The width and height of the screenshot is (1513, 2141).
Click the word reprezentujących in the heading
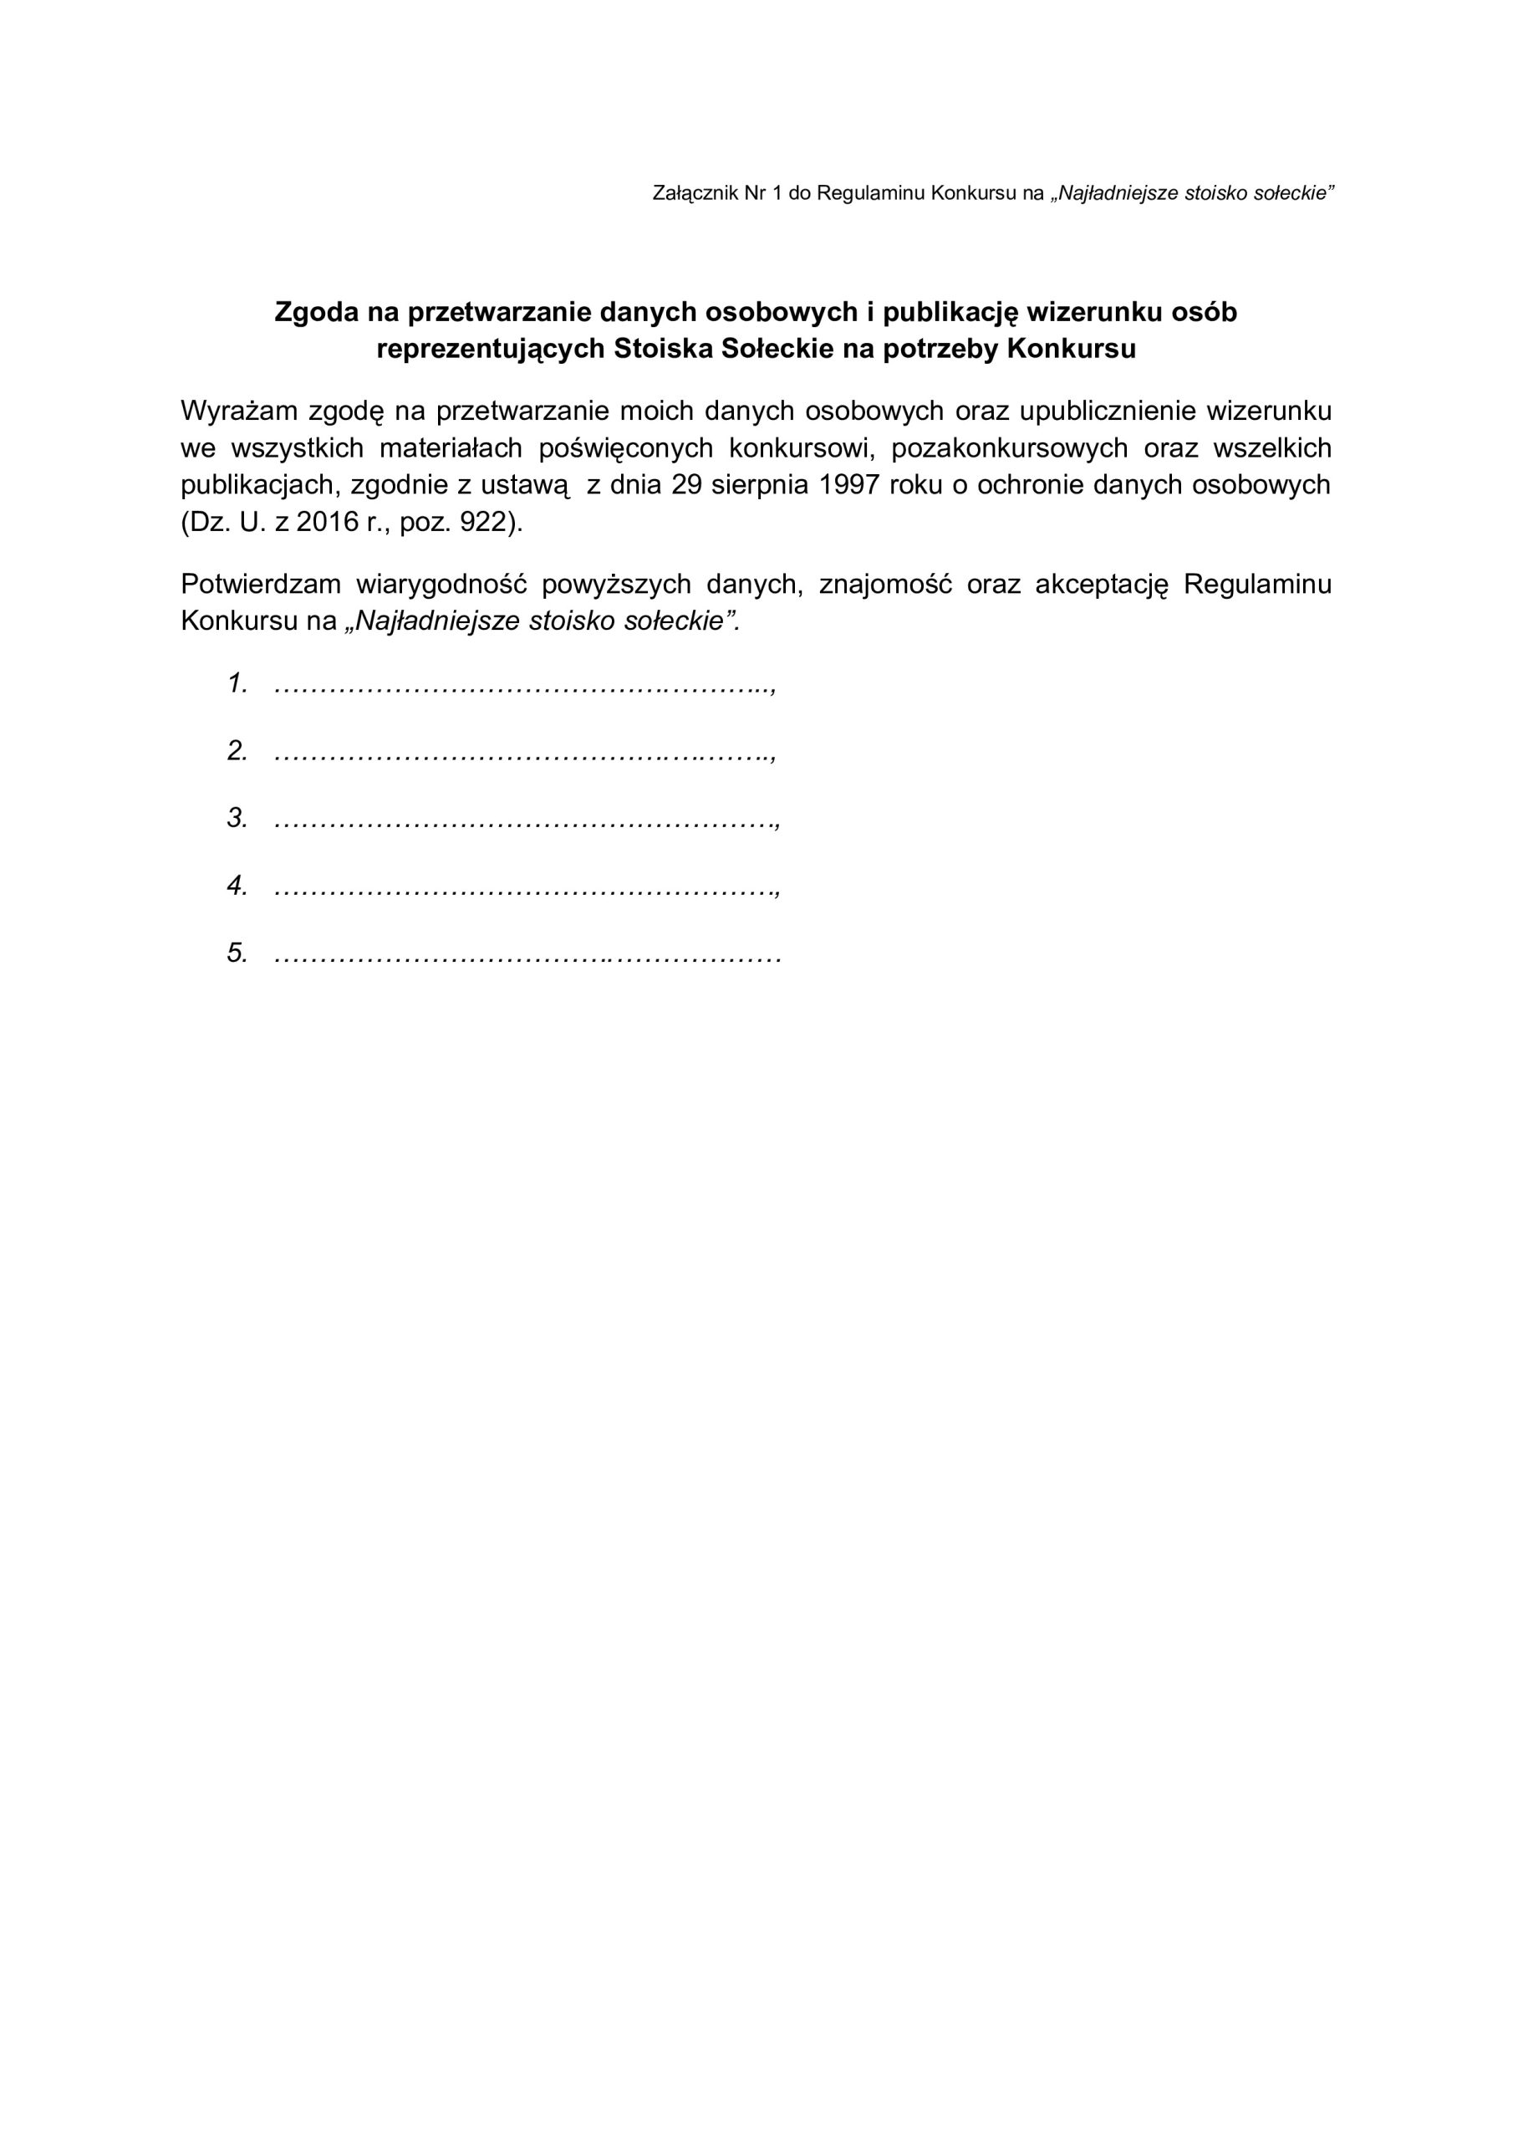(x=491, y=349)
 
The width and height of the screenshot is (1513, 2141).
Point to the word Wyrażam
(x=237, y=411)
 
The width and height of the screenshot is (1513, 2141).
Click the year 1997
(x=849, y=485)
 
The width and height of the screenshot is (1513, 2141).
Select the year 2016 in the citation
(x=329, y=522)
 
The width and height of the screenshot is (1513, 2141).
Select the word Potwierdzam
(x=261, y=585)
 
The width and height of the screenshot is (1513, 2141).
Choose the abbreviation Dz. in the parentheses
(x=205, y=522)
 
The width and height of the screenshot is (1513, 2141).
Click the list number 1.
(x=237, y=683)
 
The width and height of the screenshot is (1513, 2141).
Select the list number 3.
(x=237, y=819)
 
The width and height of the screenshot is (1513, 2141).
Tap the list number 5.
(x=237, y=953)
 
